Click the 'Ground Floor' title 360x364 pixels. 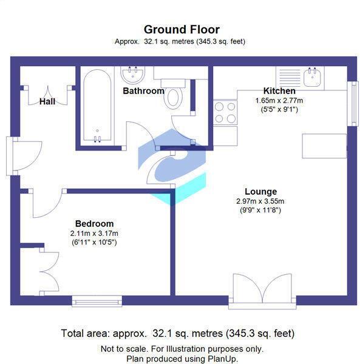pyautogui.click(x=181, y=29)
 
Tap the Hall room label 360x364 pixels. pyautogui.click(x=47, y=101)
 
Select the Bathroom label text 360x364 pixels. pyautogui.click(x=143, y=91)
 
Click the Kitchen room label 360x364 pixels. pyautogui.click(x=279, y=90)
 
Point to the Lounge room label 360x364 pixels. pyautogui.click(x=260, y=191)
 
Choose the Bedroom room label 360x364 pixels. pyautogui.click(x=94, y=223)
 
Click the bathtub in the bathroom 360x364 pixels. pyautogui.click(x=97, y=107)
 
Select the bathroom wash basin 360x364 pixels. pyautogui.click(x=132, y=75)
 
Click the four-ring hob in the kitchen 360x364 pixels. pyautogui.click(x=226, y=113)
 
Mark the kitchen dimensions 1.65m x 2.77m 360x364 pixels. pyautogui.click(x=279, y=100)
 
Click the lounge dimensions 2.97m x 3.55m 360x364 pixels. pyautogui.click(x=260, y=201)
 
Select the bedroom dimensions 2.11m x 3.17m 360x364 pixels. pyautogui.click(x=94, y=233)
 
